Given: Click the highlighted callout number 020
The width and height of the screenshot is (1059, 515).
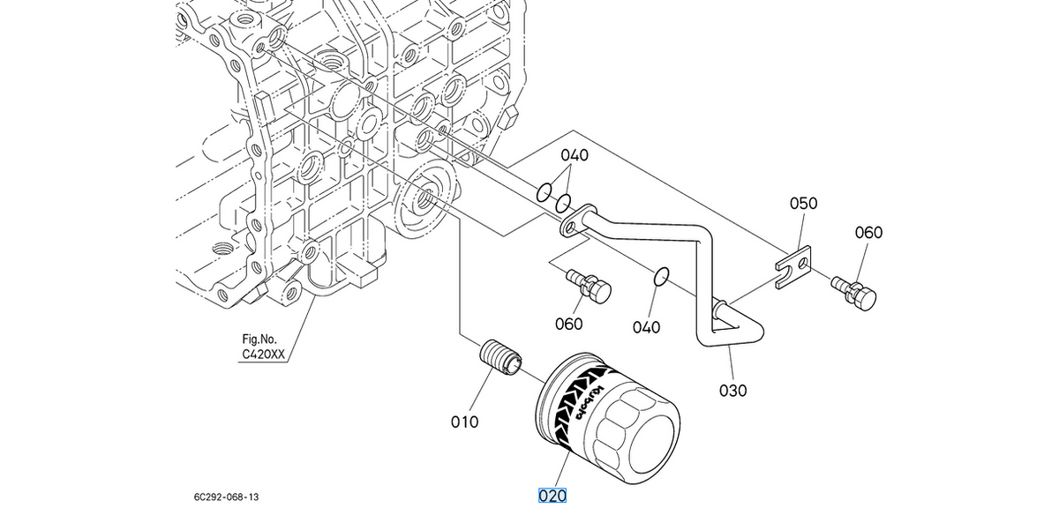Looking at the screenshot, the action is [x=552, y=496].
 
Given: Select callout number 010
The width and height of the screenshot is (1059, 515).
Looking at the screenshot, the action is [x=464, y=422].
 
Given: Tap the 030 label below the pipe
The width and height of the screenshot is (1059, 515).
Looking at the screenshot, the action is [x=732, y=391].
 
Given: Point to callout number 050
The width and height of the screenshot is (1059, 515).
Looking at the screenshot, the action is [x=803, y=204].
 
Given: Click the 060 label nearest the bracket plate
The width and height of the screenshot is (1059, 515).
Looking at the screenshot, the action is [x=868, y=233].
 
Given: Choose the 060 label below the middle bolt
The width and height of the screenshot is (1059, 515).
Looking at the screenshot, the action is [x=568, y=325].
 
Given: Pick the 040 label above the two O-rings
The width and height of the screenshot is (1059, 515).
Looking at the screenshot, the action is [x=575, y=155].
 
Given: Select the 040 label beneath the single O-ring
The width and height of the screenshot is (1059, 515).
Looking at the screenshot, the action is [x=646, y=327].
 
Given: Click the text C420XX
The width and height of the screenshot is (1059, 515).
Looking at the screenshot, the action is [x=263, y=355].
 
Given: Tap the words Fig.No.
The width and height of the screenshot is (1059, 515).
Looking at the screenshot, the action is [x=259, y=340].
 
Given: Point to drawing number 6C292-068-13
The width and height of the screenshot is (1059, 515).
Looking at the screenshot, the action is [x=226, y=497].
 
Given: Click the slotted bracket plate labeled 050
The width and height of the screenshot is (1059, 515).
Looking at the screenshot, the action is [x=793, y=267].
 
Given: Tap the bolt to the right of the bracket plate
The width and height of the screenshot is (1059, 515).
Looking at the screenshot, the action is [x=854, y=293].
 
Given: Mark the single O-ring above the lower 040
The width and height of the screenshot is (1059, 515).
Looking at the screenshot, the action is [x=661, y=277].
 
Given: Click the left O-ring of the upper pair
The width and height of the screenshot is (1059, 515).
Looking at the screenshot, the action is [x=544, y=192].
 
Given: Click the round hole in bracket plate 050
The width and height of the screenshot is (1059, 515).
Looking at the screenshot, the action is [x=802, y=263].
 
